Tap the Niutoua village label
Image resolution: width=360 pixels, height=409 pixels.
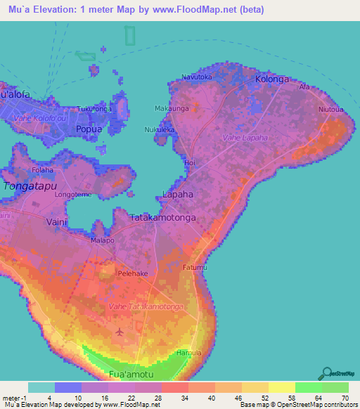330,110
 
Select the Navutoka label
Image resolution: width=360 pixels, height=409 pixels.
197,77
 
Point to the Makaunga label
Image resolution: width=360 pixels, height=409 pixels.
170,109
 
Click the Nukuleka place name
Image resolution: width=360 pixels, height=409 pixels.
159,130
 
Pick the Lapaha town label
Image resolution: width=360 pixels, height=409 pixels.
178,193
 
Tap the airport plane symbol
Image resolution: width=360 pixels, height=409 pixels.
120,330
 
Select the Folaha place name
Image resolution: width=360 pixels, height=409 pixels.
43,170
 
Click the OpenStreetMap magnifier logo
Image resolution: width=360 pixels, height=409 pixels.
326,373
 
